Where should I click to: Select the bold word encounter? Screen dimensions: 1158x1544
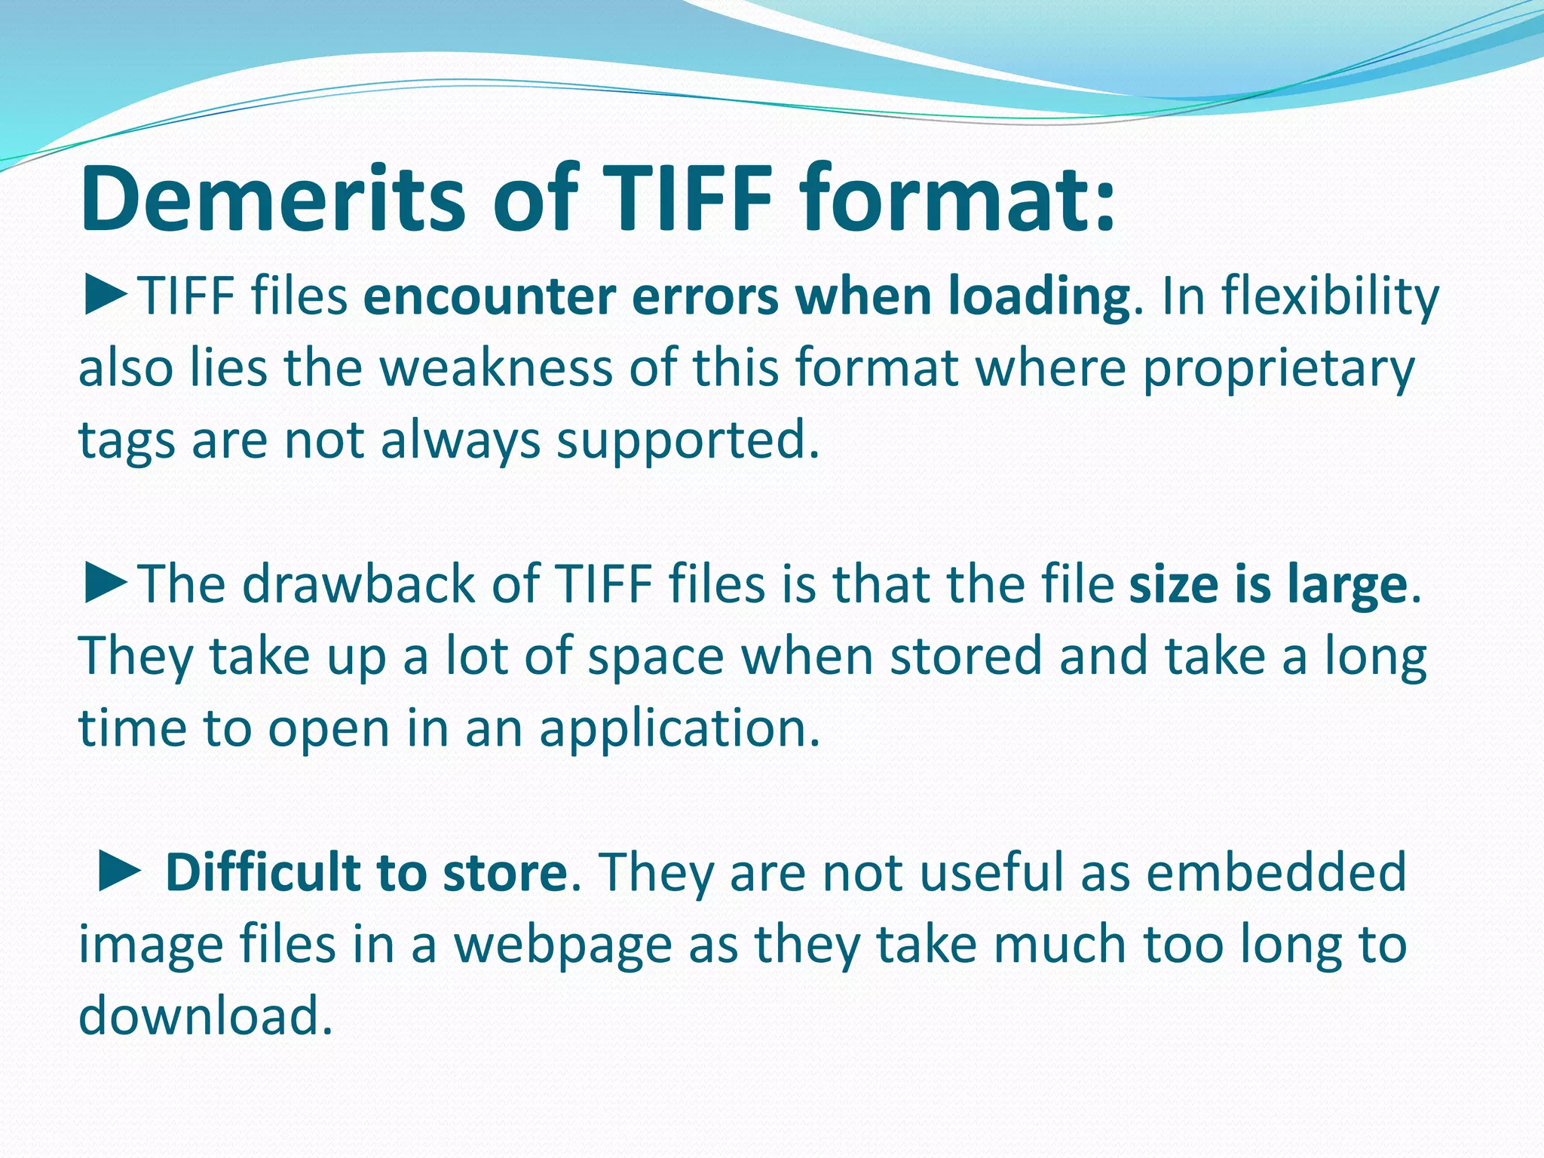coord(489,296)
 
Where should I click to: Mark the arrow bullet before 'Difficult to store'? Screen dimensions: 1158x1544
coord(119,873)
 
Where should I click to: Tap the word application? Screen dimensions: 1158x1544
coord(679,730)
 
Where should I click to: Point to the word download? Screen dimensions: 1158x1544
coord(205,1016)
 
